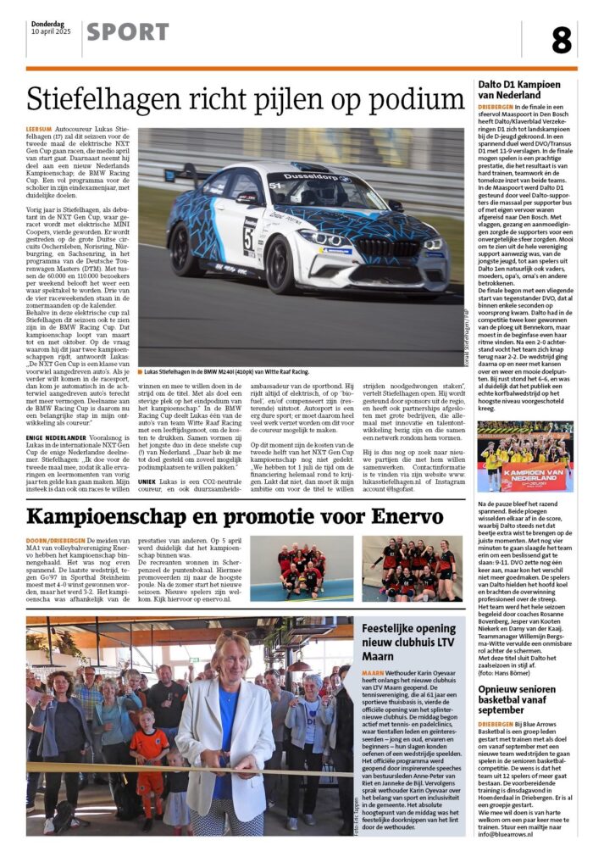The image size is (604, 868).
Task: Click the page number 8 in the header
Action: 561,39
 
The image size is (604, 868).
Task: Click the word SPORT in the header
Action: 127,32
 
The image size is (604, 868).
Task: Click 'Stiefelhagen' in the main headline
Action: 111,99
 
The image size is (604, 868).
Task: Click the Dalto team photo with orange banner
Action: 526,456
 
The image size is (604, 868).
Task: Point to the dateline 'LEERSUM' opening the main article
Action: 42,130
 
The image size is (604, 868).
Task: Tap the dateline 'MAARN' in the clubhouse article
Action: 374,674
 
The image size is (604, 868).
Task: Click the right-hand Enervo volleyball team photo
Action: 412,568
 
